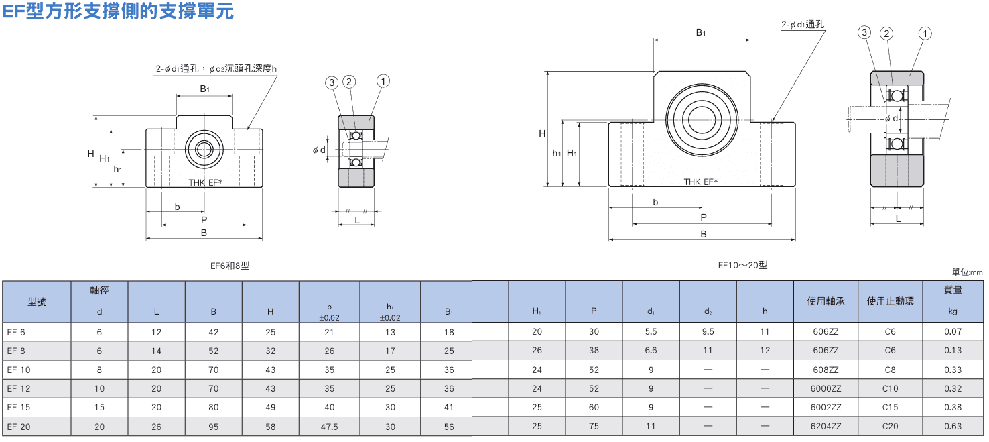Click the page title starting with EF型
[118, 11]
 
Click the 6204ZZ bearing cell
[826, 427]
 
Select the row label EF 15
[19, 408]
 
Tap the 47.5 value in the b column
[330, 427]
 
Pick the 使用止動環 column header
[890, 301]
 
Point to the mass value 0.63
[953, 427]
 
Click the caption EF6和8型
[230, 266]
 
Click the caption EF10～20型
[742, 265]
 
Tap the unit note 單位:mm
[967, 272]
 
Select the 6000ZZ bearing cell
[826, 389]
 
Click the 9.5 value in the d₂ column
[708, 332]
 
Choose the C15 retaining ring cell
[890, 408]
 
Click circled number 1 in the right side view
[925, 34]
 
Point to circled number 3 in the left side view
[332, 82]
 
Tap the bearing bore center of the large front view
[702, 120]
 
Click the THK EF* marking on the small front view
[205, 182]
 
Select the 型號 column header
[37, 302]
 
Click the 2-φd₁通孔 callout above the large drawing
[802, 25]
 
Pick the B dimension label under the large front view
[704, 234]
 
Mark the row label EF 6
[16, 333]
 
